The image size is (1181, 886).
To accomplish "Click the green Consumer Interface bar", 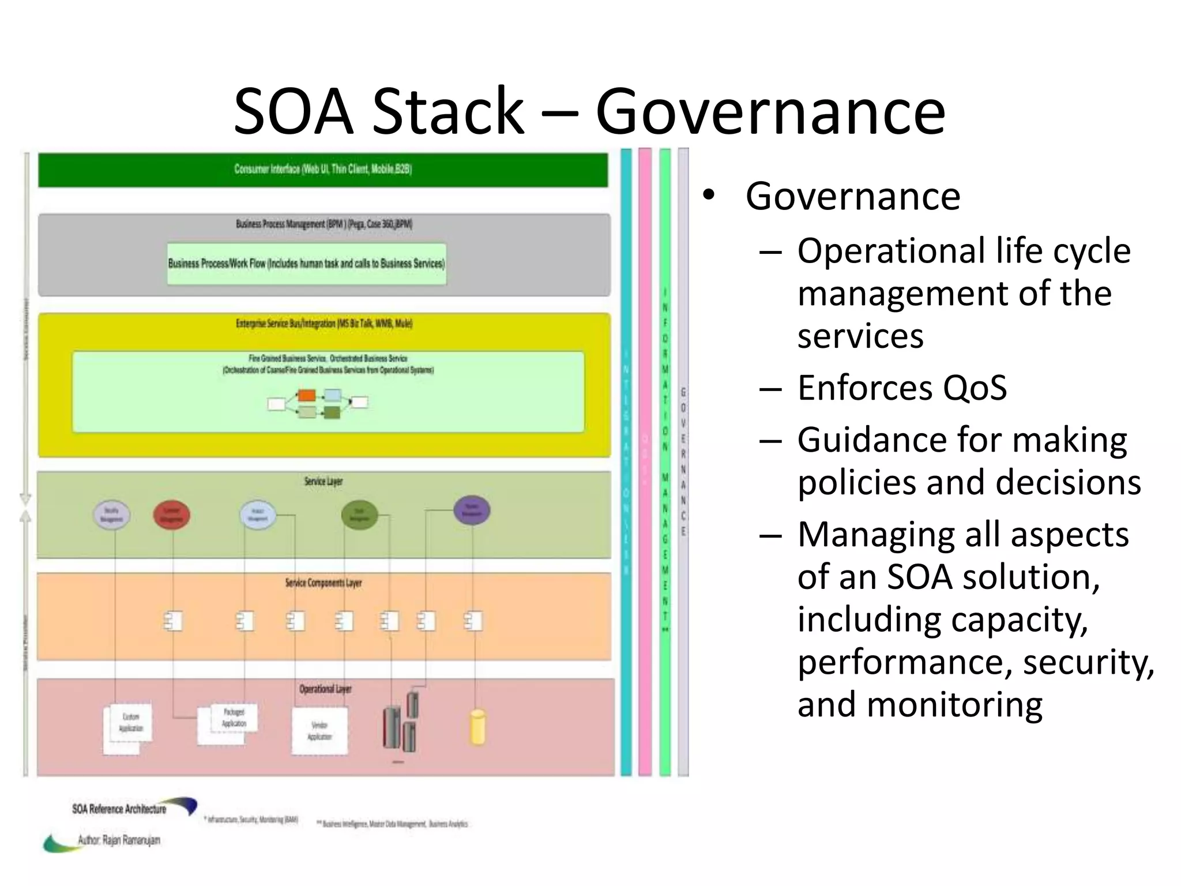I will tap(323, 170).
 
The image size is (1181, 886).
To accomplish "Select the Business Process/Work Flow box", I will tap(306, 264).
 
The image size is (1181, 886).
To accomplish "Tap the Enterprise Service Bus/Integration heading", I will tap(324, 323).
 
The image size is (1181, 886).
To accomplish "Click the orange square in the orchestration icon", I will tap(306, 396).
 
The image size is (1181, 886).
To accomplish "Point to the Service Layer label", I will tap(323, 481).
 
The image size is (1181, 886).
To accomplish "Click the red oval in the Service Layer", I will tap(171, 515).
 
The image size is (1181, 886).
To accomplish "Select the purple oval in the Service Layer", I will tap(471, 510).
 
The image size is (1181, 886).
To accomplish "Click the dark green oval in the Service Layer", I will tap(359, 515).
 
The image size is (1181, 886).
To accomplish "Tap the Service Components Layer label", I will tap(323, 583).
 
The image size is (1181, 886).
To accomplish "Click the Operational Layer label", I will tap(325, 689).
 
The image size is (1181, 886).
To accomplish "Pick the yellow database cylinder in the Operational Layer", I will tap(477, 727).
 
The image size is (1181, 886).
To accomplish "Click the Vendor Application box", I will tap(319, 730).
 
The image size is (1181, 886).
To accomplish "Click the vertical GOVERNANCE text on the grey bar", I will tap(683, 461).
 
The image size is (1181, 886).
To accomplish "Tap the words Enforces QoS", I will tap(902, 388).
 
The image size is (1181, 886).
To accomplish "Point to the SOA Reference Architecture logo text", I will tap(119, 809).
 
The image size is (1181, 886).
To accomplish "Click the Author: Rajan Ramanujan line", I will tap(119, 840).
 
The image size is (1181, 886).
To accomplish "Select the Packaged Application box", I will tap(234, 718).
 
